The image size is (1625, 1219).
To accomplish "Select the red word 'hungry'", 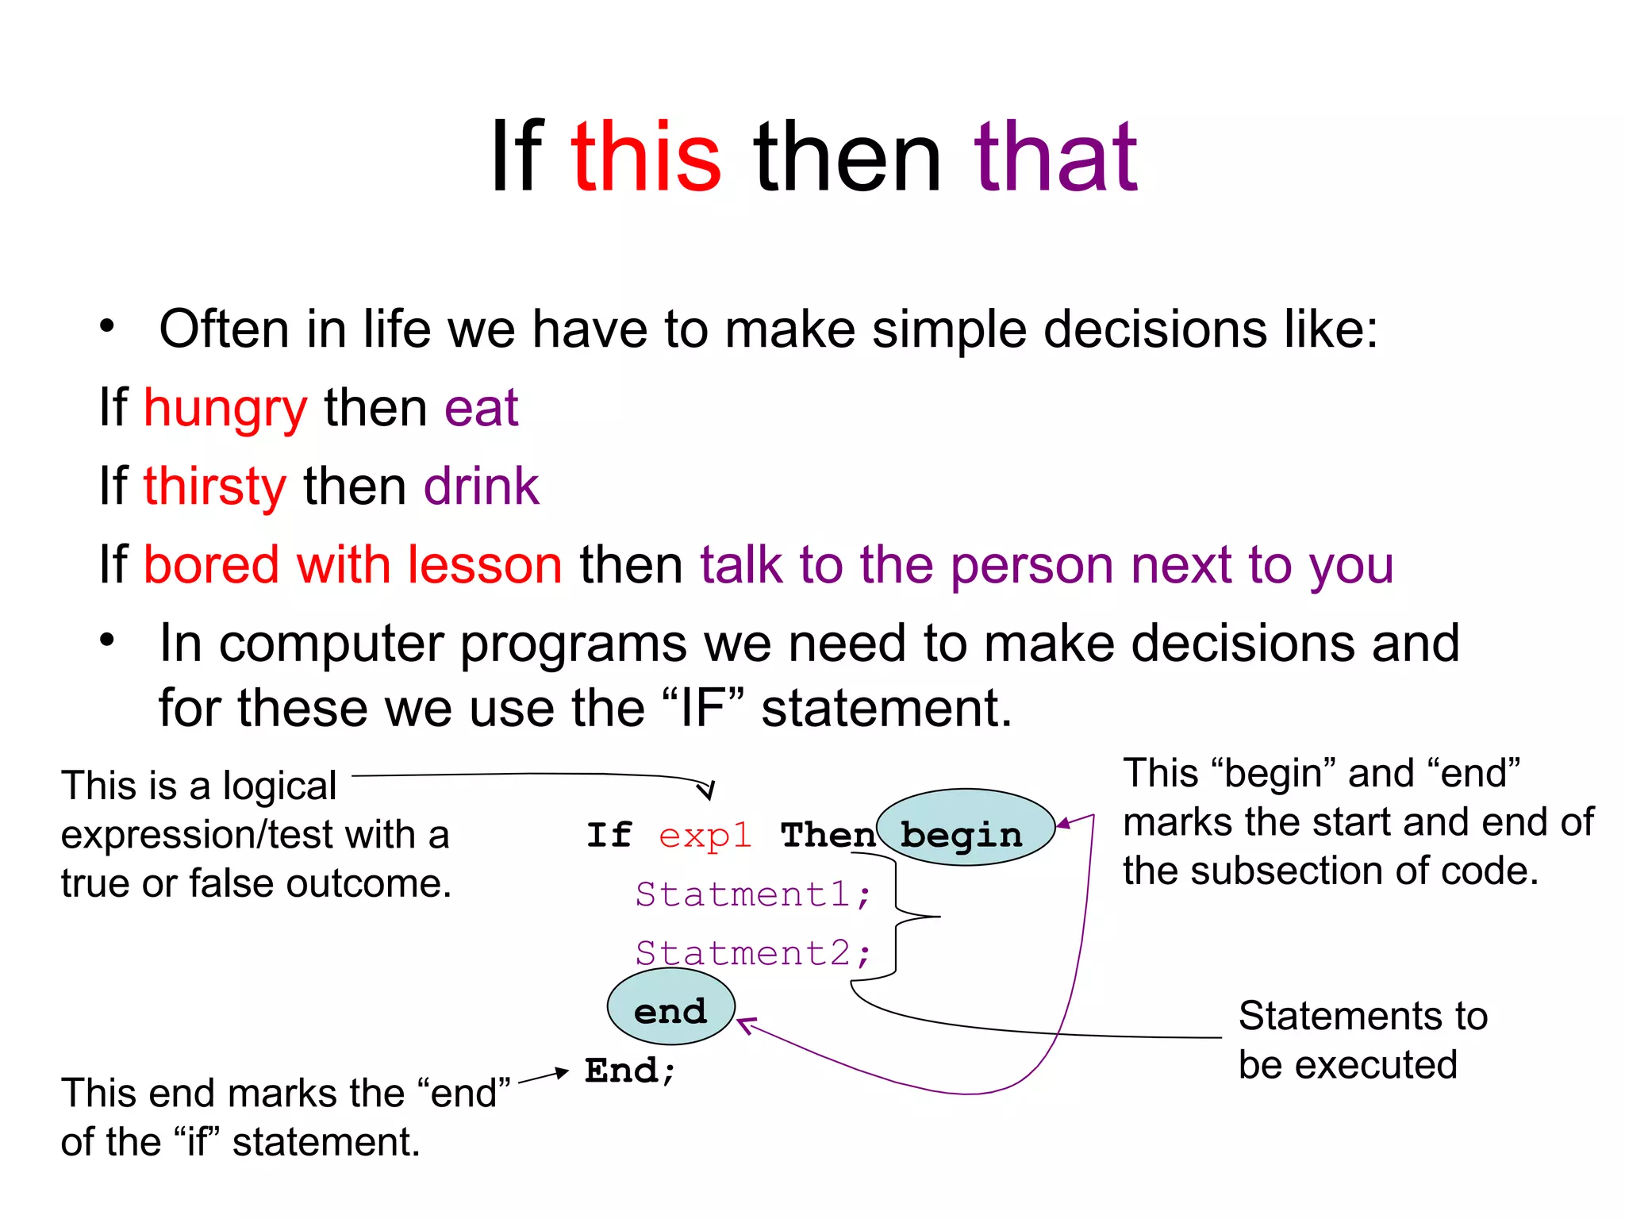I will point(225,409).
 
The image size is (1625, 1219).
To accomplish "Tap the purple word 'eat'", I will point(481,409).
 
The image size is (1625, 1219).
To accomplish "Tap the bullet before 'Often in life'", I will point(107,326).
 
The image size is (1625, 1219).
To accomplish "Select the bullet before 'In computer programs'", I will point(107,640).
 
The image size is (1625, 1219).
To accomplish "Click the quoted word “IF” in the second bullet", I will point(703,708).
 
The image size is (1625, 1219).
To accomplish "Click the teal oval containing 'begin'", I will point(966,827).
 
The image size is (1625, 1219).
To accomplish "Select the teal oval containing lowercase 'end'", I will point(671,1008).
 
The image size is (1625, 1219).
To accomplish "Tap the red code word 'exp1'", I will point(705,835).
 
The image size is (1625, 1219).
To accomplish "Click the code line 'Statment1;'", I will point(753,894).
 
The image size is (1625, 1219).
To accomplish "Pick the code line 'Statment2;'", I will point(753,953).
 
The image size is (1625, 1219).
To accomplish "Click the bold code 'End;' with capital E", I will point(630,1071).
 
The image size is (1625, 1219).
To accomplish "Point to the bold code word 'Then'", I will point(828,835).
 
